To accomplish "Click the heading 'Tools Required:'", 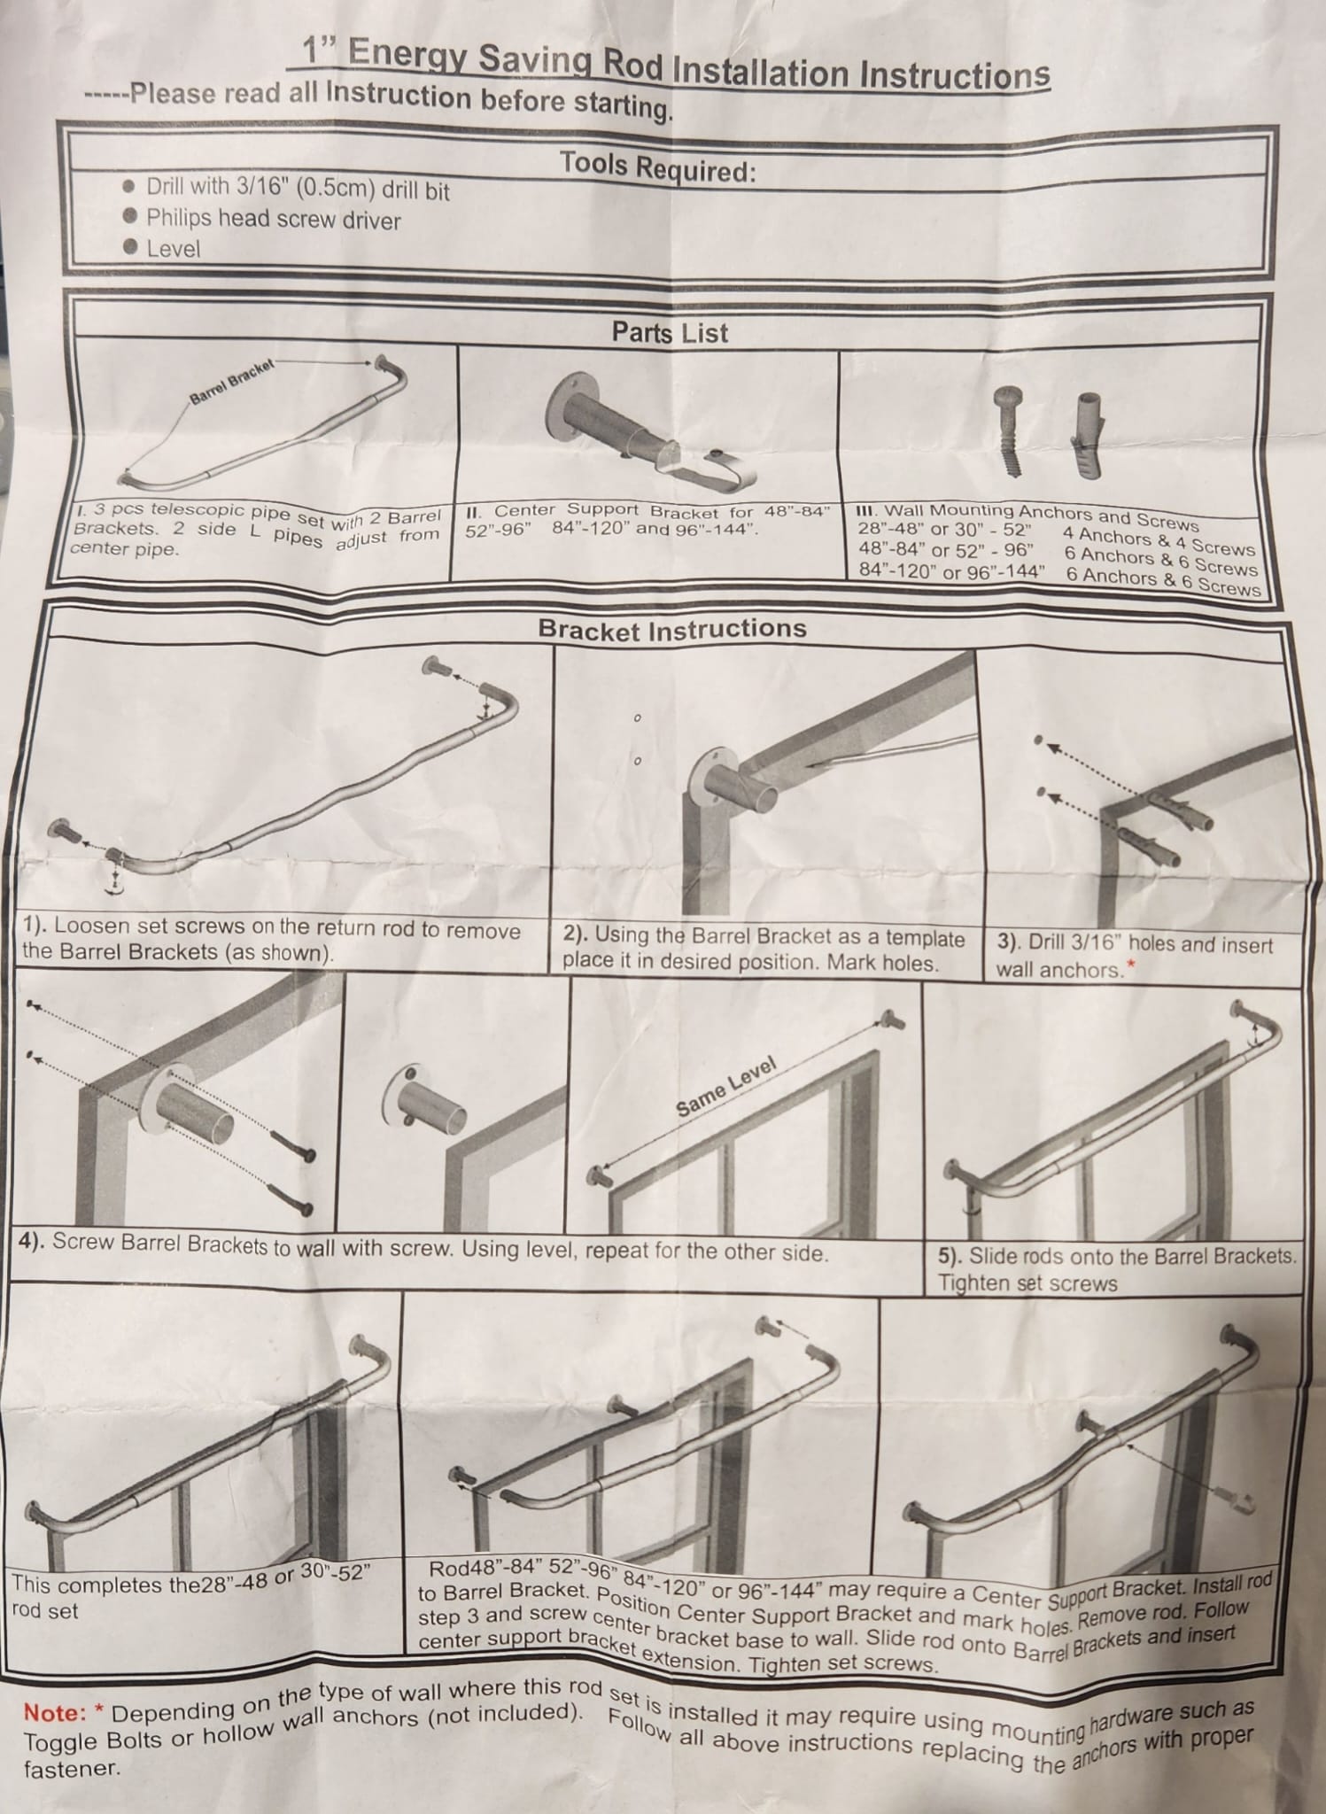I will pos(657,167).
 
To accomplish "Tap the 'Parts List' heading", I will pos(670,333).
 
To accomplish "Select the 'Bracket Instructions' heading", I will pos(672,630).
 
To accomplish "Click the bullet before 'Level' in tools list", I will pos(130,247).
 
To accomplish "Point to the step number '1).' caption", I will pos(36,926).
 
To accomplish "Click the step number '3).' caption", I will pos(1008,942).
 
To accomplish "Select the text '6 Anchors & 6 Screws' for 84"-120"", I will pos(1162,580).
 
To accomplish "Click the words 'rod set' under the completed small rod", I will pos(45,1611).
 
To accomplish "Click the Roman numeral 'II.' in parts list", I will pos(473,511).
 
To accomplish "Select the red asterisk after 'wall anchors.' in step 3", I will pos(1129,965).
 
